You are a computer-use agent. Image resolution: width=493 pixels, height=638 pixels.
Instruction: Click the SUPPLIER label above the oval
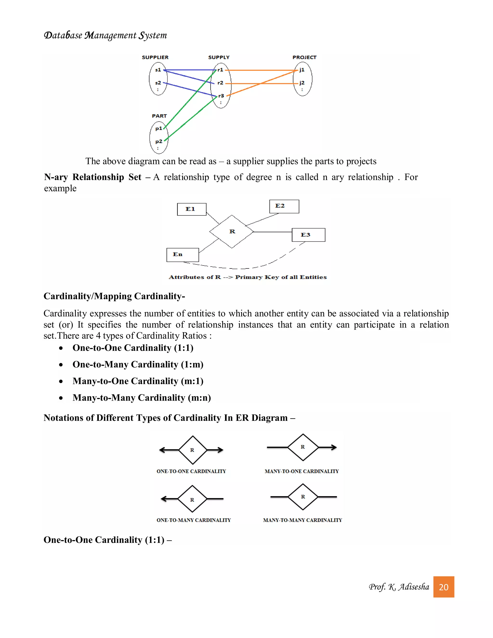click(x=155, y=57)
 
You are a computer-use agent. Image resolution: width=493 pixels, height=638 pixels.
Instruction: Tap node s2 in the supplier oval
click(x=158, y=83)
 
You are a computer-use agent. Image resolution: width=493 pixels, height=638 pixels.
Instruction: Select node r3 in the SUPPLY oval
click(x=221, y=96)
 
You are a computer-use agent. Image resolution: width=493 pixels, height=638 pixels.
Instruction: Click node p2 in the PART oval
click(x=159, y=141)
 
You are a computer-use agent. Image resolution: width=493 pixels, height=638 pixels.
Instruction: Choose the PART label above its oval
click(x=159, y=116)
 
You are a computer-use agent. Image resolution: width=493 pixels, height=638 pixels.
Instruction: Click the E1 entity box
click(x=192, y=209)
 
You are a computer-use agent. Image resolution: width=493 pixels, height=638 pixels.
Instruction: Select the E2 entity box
click(x=284, y=206)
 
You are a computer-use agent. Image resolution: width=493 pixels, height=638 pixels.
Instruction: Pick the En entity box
click(x=182, y=255)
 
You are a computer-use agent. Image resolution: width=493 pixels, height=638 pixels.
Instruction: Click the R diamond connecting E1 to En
click(x=232, y=232)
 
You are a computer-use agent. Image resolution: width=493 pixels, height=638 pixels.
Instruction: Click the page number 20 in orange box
click(x=443, y=587)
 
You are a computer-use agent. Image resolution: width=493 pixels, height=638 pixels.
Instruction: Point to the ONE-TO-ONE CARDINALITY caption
click(x=191, y=471)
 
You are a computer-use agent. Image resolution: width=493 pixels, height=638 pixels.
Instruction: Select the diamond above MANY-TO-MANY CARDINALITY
click(x=303, y=497)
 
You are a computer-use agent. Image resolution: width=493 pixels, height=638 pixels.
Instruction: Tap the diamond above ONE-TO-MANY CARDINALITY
click(x=192, y=499)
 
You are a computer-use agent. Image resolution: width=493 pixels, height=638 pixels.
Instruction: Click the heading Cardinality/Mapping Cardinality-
click(x=114, y=296)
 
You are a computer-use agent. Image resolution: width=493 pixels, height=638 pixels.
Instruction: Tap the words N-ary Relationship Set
click(x=93, y=177)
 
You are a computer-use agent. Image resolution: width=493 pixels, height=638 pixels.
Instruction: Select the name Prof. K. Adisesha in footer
click(x=399, y=587)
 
